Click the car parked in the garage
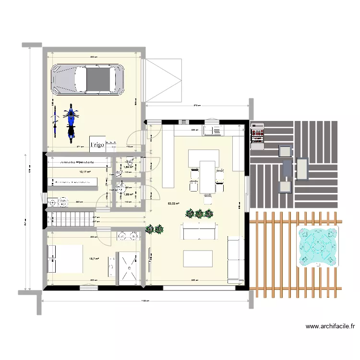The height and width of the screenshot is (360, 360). coord(87,79)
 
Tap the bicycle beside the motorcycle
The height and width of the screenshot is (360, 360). coord(56,120)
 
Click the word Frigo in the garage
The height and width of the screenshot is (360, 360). coord(97,144)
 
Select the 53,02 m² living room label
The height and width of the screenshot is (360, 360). coord(174,204)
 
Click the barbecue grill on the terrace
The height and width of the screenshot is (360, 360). coord(257,133)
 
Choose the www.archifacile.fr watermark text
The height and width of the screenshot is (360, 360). coord(330,326)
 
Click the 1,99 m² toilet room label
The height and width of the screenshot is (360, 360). coord(128,194)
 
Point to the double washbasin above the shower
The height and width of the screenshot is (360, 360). coord(128,235)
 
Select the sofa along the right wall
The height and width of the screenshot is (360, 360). coord(234,259)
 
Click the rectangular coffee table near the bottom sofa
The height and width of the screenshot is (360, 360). coord(199,258)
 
